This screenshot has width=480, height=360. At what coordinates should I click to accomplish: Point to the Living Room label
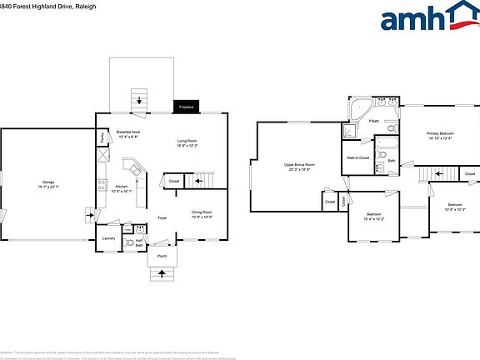(187, 143)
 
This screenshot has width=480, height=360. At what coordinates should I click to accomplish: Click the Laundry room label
(108, 237)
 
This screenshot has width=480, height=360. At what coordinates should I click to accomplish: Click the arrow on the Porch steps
(162, 271)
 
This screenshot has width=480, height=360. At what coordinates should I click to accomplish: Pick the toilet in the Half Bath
(128, 242)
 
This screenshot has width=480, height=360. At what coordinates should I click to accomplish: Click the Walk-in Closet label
(357, 157)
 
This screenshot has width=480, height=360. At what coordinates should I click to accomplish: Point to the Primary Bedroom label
(440, 135)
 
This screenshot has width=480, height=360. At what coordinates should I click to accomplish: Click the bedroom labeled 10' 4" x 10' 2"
(373, 217)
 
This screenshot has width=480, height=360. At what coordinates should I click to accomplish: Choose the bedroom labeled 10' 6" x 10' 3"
(454, 207)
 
